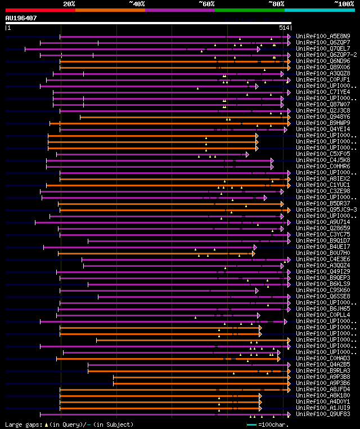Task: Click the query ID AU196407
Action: pos(21,18)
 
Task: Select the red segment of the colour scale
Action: pos(40,10)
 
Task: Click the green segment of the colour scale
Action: pos(249,10)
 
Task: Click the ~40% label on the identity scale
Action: pos(137,3)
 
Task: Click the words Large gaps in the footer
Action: pos(23,424)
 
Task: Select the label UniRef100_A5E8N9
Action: pos(323,36)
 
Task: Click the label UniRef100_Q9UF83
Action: pos(323,414)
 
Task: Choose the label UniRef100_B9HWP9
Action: pos(323,123)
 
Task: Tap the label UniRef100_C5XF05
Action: pos(323,154)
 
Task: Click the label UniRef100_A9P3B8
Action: pos(323,377)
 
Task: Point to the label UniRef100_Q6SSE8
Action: pos(323,296)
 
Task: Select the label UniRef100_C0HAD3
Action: pos(323,358)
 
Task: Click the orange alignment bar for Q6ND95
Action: pos(169,61)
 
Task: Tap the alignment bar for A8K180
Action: pos(157,395)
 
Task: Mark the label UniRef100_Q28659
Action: pos(323,228)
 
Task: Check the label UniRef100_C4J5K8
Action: pos(323,160)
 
